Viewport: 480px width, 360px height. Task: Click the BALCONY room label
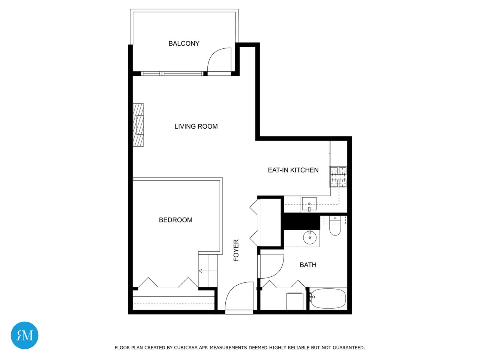point(184,43)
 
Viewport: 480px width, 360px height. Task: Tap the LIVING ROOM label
point(196,126)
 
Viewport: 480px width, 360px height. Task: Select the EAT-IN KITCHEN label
point(293,170)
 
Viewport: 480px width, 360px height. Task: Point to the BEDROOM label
point(175,220)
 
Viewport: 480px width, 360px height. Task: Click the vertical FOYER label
point(236,250)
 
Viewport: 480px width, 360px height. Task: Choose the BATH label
point(308,265)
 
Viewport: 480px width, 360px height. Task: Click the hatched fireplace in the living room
point(138,125)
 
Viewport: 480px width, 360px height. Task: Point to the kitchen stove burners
point(338,177)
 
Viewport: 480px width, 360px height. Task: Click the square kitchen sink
point(309,204)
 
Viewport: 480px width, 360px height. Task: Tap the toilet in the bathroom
point(335,226)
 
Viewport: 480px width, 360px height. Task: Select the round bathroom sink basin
point(310,237)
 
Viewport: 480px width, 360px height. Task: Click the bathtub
point(328,298)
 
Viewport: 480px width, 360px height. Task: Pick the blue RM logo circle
point(24,335)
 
